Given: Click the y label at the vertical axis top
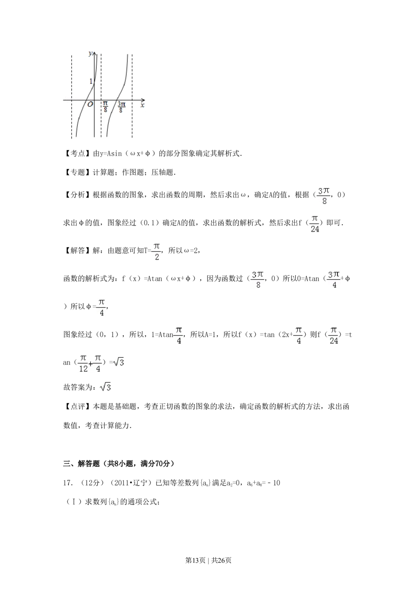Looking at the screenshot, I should coord(90,53).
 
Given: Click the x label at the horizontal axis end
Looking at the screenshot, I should coord(142,106).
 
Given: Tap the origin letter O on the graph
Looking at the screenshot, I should coord(90,104).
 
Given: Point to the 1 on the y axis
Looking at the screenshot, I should coord(91,81).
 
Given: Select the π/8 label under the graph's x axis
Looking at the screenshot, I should coord(105,107).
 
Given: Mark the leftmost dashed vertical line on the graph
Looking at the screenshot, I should coord(72,96).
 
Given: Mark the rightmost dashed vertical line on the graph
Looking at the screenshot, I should coord(132,96).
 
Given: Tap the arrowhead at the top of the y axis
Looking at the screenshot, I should coord(95,53).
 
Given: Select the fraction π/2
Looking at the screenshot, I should coord(157,252).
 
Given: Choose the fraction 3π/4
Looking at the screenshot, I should coord(334,279).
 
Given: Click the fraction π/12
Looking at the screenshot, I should coord(83,363).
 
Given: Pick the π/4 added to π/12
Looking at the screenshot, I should coord(98,363).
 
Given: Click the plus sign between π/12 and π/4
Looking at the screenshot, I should coord(90,364).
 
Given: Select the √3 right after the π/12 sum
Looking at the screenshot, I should coord(119,362).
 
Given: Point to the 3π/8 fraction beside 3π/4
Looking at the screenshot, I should coord(258,279).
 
